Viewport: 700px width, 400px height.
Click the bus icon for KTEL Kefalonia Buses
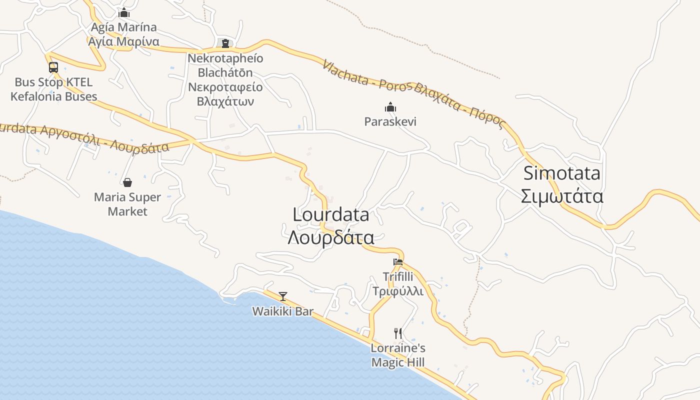(x=53, y=67)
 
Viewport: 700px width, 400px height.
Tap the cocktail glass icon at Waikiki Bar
(x=283, y=296)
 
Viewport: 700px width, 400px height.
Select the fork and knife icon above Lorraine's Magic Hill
(x=398, y=333)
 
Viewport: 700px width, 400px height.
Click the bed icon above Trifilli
(x=398, y=261)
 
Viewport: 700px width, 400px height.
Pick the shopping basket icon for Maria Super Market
(x=127, y=182)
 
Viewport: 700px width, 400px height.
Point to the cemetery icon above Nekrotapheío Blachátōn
(x=225, y=43)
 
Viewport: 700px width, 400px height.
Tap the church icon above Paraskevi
(x=390, y=107)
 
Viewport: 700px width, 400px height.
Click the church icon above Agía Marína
(x=123, y=12)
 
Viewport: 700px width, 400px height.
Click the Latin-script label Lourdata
(x=331, y=215)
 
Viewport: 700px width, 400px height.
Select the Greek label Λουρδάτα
(x=331, y=237)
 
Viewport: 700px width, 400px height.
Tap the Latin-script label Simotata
(x=561, y=173)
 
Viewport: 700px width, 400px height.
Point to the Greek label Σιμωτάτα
(x=561, y=196)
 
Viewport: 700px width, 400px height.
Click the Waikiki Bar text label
(x=283, y=311)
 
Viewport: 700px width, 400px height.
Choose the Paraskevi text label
(x=390, y=121)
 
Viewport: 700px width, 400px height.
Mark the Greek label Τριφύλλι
(x=398, y=291)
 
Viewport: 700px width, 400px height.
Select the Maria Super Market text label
(x=127, y=204)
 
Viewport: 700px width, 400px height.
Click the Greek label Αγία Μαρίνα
(x=123, y=41)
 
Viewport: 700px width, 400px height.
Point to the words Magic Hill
(x=398, y=362)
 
